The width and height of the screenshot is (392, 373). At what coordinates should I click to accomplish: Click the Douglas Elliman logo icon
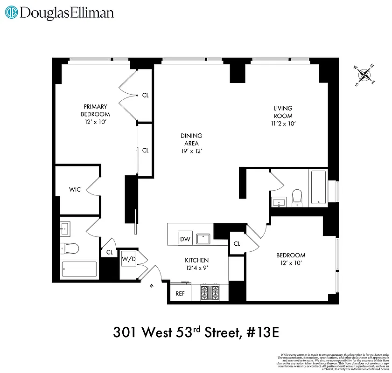pyautogui.click(x=12, y=13)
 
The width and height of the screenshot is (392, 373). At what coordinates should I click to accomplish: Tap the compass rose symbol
pyautogui.click(x=365, y=75)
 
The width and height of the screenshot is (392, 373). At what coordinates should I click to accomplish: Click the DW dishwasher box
pyautogui.click(x=185, y=239)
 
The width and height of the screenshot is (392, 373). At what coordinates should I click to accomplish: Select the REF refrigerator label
pyautogui.click(x=180, y=294)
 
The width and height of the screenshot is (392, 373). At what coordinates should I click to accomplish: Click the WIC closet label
pyautogui.click(x=75, y=189)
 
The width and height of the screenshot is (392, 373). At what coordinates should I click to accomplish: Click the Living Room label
pyautogui.click(x=283, y=112)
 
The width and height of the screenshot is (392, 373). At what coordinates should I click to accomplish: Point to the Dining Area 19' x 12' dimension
pyautogui.click(x=191, y=151)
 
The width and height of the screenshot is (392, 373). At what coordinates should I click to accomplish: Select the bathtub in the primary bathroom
pyautogui.click(x=79, y=269)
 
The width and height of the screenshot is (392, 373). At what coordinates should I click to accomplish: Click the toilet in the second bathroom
pyautogui.click(x=297, y=197)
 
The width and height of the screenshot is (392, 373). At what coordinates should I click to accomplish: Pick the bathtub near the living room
pyautogui.click(x=319, y=187)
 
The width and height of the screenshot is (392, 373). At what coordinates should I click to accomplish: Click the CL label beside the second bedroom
pyautogui.click(x=237, y=243)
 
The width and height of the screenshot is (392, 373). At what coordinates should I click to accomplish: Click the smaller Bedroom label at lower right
pyautogui.click(x=291, y=255)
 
